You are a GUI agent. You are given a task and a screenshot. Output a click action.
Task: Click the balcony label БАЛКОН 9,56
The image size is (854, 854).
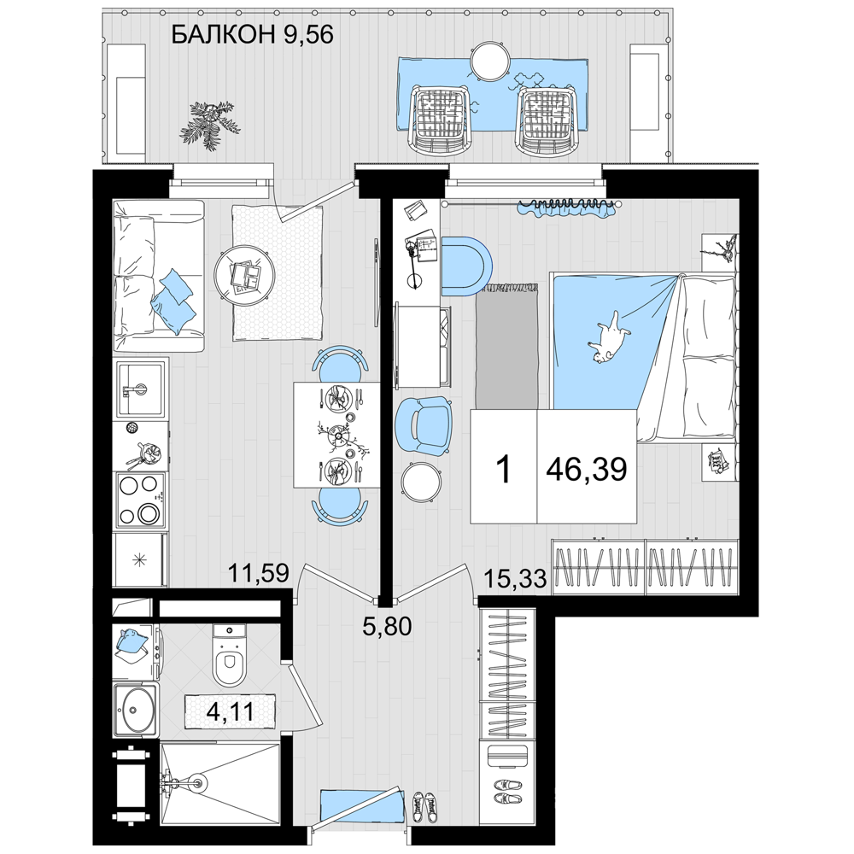coord(252,35)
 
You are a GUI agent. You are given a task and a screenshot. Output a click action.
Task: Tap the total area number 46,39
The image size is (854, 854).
coord(587,468)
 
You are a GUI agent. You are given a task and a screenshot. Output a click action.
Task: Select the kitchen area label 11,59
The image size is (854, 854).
coord(258,573)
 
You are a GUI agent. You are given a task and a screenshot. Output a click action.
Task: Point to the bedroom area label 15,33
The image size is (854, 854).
coord(515,579)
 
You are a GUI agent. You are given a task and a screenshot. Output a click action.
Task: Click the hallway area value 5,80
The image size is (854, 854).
coord(387,626)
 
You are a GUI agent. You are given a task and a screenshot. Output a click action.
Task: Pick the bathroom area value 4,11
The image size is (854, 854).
coord(231,711)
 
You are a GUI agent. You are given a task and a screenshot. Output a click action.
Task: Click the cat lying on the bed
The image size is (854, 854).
coord(608,337)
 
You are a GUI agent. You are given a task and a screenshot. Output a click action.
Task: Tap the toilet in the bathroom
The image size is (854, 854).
coord(230,655)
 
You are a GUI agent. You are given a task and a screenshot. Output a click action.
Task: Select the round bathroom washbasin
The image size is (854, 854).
coord(136,711)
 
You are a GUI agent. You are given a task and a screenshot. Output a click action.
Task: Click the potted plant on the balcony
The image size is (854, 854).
coord(210,124)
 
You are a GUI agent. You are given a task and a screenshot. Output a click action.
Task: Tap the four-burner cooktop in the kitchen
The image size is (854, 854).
coord(141,500)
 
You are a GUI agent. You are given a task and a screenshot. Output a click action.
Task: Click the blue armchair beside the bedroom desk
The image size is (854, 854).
coord(424,424)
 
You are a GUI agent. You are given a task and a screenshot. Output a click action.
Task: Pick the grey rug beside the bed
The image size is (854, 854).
coord(507,346)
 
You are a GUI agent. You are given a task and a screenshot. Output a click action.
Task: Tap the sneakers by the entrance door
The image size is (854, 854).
coord(424,807)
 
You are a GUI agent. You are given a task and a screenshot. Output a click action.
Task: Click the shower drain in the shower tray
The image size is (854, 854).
coord(200,784)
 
